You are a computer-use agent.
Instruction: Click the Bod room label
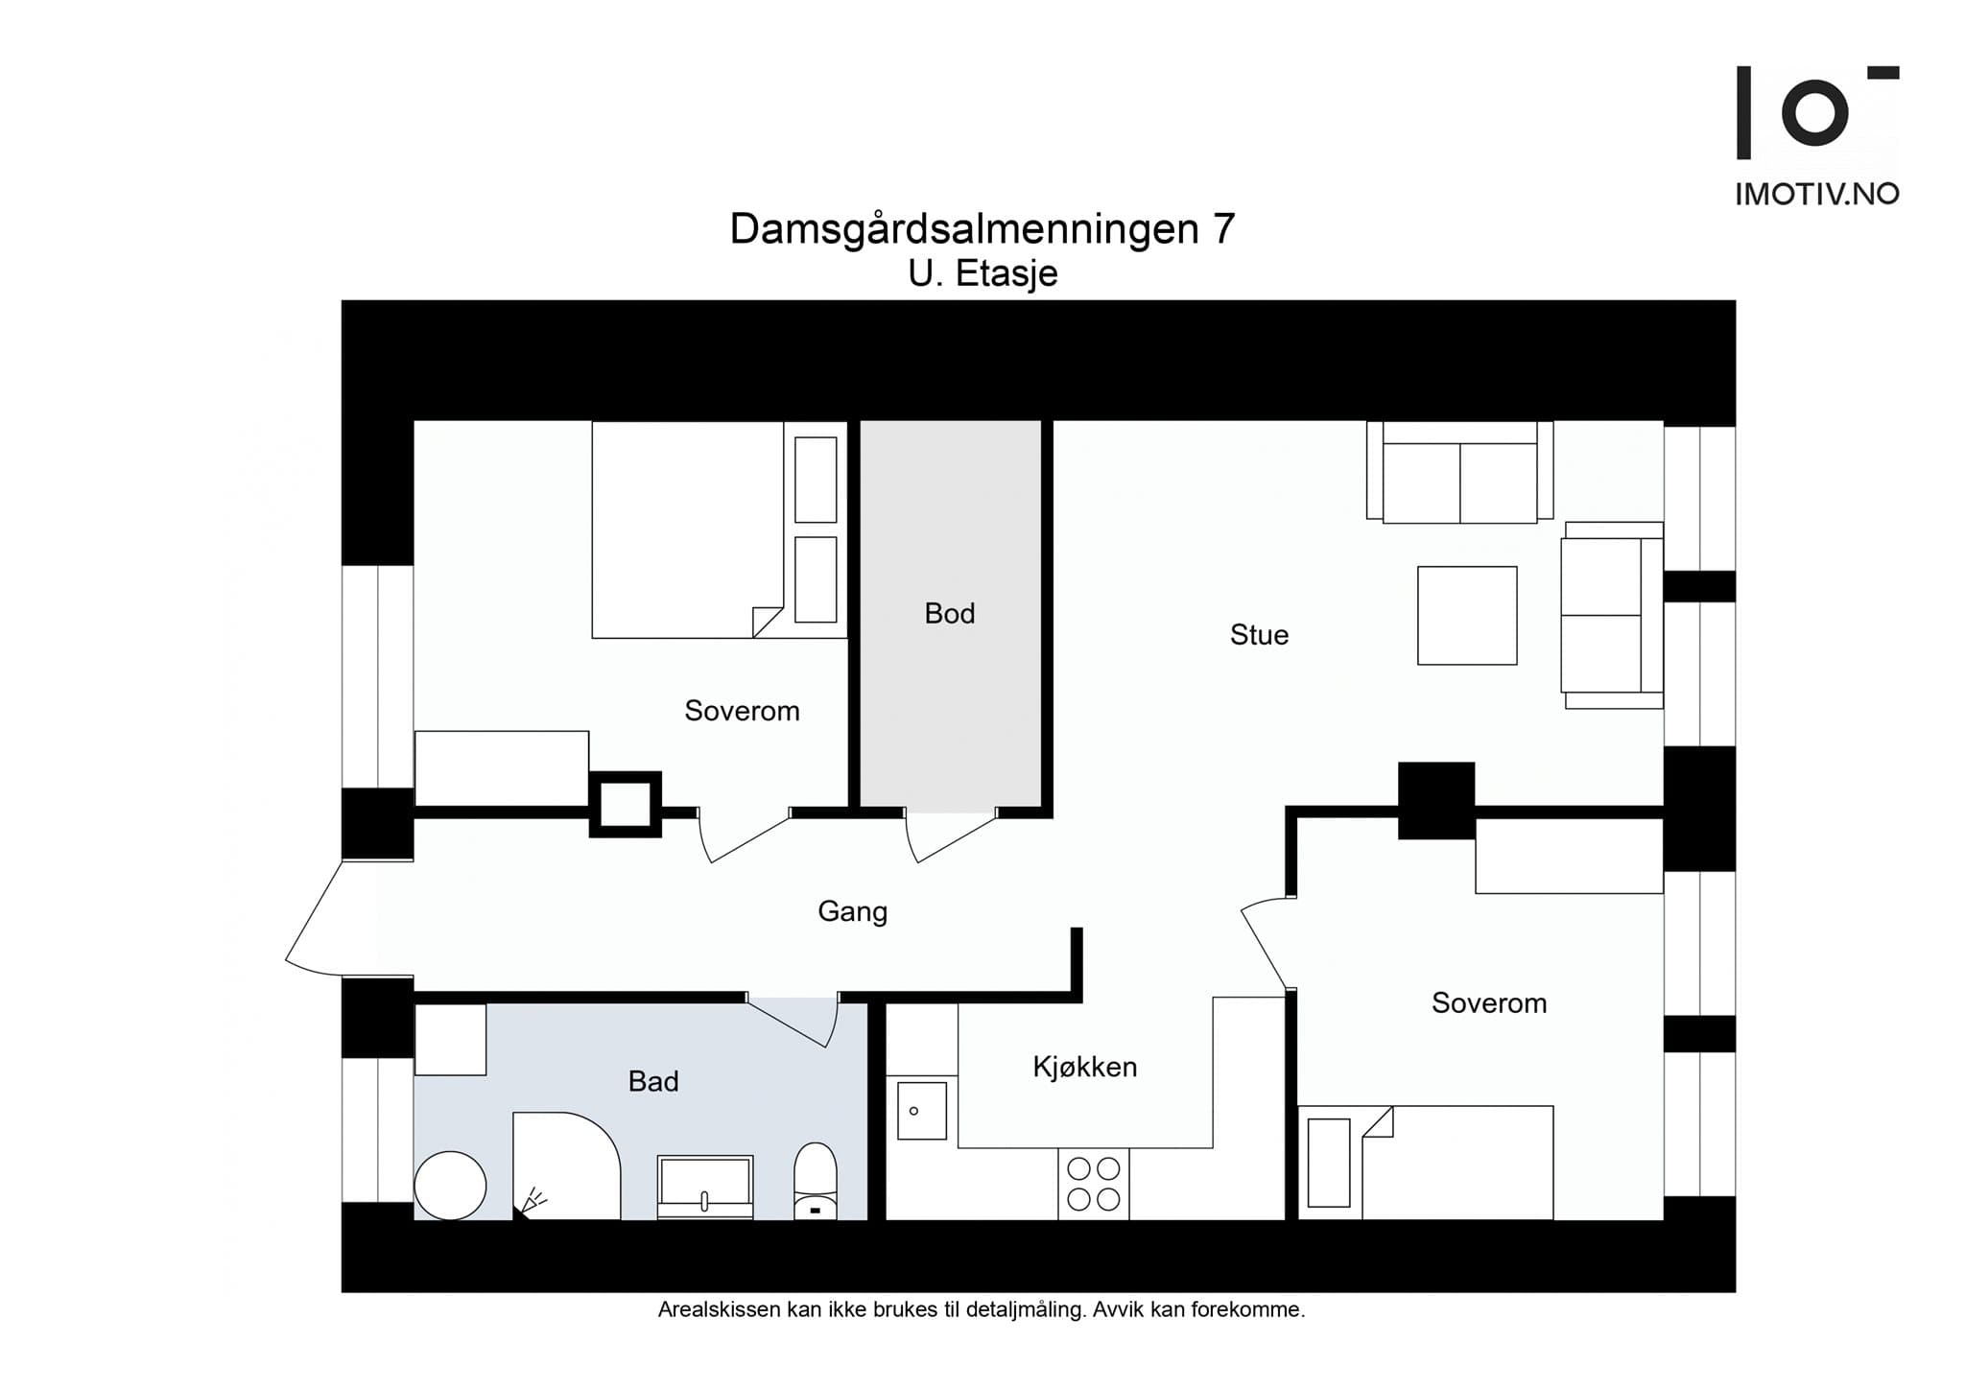949,614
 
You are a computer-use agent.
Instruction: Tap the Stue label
1259,635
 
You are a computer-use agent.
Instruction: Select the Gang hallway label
852,911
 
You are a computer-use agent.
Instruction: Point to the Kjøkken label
1084,1067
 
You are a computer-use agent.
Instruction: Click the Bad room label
653,1082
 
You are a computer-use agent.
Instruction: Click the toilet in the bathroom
816,1181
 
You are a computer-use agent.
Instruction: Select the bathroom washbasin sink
705,1188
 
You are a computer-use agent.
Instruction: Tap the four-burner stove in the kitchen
1094,1184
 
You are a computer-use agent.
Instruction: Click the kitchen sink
921,1111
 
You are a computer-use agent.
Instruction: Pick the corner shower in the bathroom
566,1166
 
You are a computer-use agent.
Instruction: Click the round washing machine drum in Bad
450,1186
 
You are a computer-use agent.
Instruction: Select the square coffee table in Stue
1467,615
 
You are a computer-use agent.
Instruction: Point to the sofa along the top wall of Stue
1459,472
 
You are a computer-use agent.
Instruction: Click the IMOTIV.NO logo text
1817,194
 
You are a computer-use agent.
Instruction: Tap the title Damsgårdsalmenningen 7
982,228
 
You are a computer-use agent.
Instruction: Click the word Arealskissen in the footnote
719,1309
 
